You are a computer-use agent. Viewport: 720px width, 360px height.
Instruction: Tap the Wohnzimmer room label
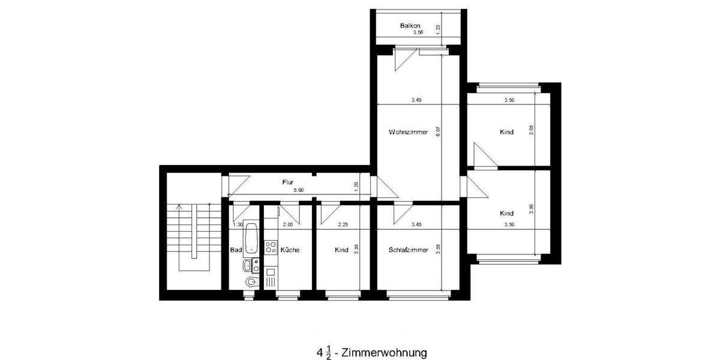pyautogui.click(x=408, y=132)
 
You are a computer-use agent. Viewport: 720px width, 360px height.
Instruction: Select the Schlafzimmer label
pyautogui.click(x=408, y=250)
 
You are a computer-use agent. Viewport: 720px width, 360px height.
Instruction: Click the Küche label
pyautogui.click(x=290, y=250)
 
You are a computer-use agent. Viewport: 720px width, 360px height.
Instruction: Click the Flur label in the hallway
pyautogui.click(x=288, y=181)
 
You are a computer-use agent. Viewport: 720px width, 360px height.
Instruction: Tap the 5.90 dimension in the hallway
pyautogui.click(x=298, y=190)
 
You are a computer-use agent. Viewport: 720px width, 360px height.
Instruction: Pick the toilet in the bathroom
pyautogui.click(x=251, y=281)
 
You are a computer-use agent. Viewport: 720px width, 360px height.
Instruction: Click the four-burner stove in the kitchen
pyautogui.click(x=271, y=246)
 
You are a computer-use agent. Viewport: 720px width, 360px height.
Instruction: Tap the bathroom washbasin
pyautogui.click(x=247, y=265)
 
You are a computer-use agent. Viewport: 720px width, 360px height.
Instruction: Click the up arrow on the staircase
pyautogui.click(x=178, y=207)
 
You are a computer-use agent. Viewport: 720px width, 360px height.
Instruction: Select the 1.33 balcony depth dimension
pyautogui.click(x=439, y=28)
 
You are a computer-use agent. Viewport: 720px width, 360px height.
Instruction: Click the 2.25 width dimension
pyautogui.click(x=343, y=225)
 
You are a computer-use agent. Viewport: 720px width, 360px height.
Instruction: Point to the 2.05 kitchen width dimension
pyautogui.click(x=287, y=225)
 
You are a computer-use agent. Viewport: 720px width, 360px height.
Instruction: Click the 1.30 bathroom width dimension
pyautogui.click(x=238, y=225)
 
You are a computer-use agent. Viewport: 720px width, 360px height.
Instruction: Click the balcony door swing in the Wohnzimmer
pyautogui.click(x=403, y=61)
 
